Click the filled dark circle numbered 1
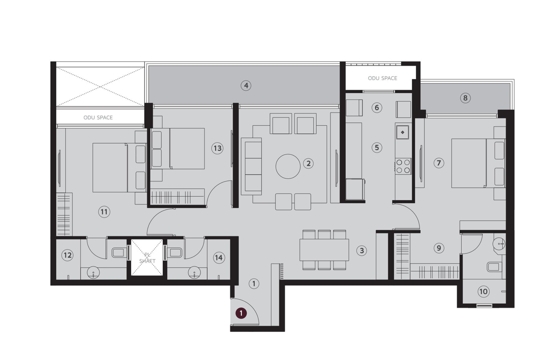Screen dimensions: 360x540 (241, 313)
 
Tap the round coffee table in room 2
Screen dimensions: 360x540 (288, 166)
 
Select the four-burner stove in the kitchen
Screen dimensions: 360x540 (403, 166)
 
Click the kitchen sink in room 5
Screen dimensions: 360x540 (403, 132)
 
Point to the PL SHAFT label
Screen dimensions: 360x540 (147, 258)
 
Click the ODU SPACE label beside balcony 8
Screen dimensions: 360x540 (382, 78)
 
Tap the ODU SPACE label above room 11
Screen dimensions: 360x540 (98, 117)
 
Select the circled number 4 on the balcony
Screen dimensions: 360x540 (246, 85)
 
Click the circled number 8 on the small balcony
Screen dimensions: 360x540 (465, 98)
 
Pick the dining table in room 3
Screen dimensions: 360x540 (324, 250)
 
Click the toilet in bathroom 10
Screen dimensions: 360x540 (493, 267)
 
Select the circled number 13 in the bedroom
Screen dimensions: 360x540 (217, 148)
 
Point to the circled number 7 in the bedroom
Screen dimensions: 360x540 (439, 163)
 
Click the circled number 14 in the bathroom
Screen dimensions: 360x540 (219, 258)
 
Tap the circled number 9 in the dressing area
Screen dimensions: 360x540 (439, 248)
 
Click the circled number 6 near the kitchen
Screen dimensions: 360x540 (377, 108)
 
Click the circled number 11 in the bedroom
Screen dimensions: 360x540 (104, 212)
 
